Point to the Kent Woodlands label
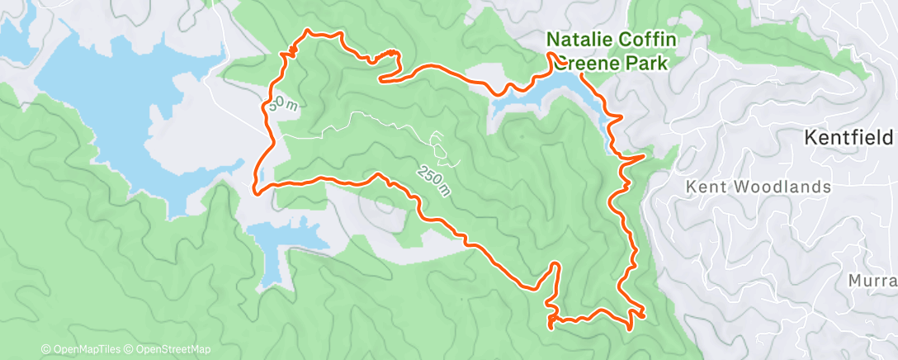click(759, 187)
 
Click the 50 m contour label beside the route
click(281, 104)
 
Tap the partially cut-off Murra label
click(872, 282)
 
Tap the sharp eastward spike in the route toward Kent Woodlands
click(643, 155)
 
